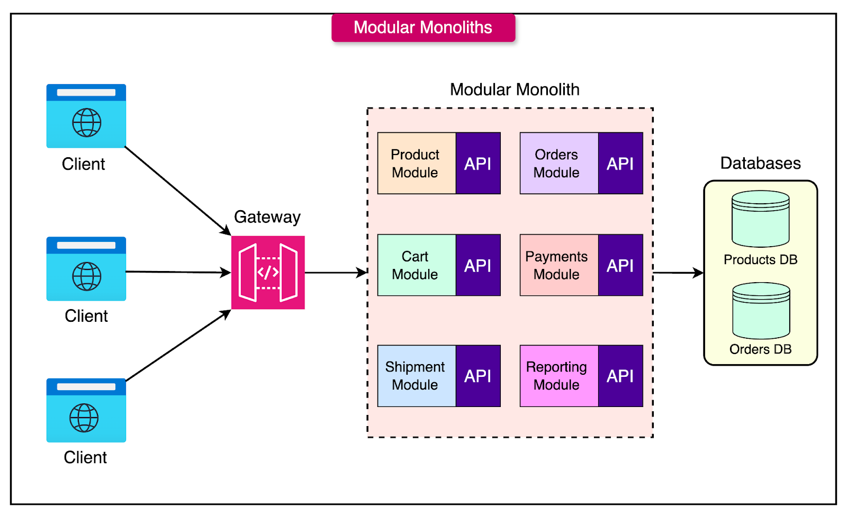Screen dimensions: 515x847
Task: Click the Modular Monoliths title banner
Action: [423, 28]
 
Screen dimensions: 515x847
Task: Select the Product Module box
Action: [416, 163]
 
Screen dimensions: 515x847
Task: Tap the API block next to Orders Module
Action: [620, 163]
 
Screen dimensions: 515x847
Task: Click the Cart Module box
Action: [416, 265]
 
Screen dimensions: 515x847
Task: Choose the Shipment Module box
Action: [416, 376]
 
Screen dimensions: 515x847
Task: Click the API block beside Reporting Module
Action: [620, 376]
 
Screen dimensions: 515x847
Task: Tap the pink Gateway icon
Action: [268, 272]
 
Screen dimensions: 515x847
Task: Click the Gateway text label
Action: [267, 217]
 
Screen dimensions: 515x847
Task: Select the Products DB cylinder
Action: [760, 219]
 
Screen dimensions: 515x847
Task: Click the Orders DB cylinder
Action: [761, 311]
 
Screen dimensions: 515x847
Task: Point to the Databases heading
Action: [760, 163]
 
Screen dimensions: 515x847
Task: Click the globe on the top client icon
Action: [86, 123]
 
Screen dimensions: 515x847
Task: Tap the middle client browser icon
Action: [86, 269]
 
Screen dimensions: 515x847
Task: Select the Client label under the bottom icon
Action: [85, 457]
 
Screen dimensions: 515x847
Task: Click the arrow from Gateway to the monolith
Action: [336, 273]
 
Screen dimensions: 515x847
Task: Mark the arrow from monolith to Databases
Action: [678, 273]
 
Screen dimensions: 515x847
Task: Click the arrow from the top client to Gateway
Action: [177, 191]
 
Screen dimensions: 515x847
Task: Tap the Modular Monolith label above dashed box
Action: [515, 89]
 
